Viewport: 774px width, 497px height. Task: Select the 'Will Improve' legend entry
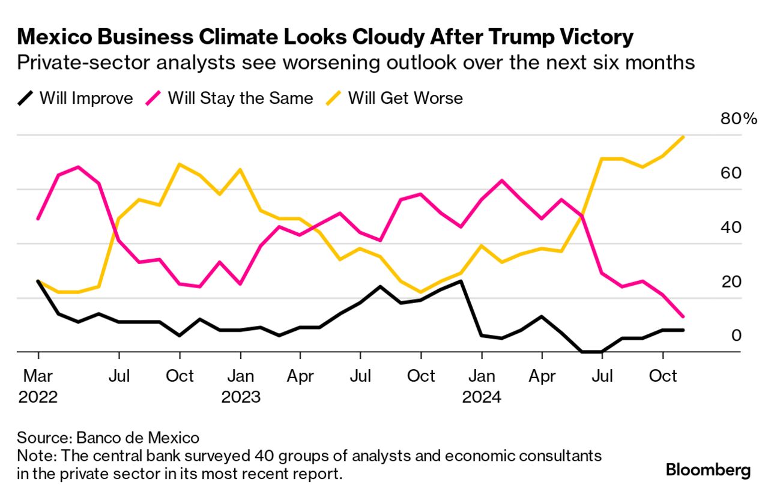(x=75, y=98)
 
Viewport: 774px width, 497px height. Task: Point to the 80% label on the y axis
(x=739, y=118)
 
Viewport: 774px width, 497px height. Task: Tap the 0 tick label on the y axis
(x=736, y=335)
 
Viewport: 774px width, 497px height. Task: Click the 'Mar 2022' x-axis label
(x=38, y=387)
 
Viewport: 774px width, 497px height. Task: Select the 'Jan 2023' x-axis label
(x=240, y=387)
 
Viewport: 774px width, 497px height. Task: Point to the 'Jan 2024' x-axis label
(x=481, y=387)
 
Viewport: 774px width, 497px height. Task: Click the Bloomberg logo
(x=708, y=469)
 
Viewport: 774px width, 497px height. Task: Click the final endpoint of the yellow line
(x=683, y=137)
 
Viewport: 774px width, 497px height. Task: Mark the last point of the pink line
(x=683, y=316)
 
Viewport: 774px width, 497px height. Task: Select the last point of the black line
(x=683, y=330)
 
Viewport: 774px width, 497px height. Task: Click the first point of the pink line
(x=38, y=219)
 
